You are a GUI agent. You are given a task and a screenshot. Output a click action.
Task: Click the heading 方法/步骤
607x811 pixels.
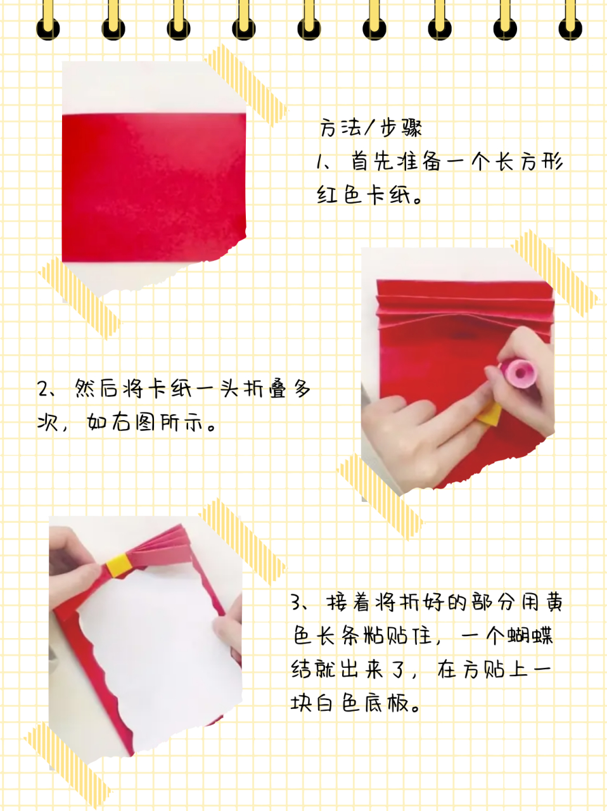tap(371, 129)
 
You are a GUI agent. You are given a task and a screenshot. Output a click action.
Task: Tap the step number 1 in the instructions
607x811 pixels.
tap(321, 162)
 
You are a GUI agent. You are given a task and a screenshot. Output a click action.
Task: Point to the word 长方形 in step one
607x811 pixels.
tap(529, 162)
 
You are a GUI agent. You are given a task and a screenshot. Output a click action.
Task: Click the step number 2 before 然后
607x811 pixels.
tap(43, 388)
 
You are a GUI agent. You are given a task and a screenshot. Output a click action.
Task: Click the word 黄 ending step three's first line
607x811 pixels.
tap(554, 601)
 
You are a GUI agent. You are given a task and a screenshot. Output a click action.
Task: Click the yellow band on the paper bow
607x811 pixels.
tap(118, 564)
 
